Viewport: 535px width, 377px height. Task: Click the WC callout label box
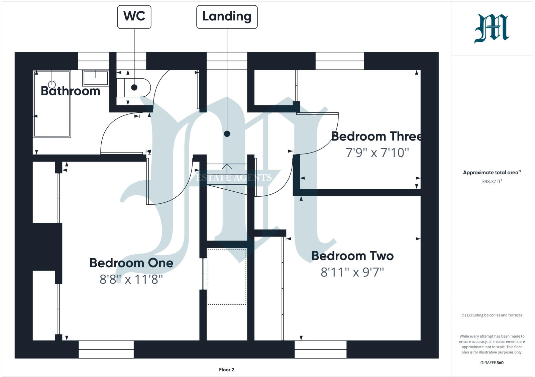[134, 16]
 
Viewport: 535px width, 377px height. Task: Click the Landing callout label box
[227, 17]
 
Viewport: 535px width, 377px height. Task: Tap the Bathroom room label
[70, 91]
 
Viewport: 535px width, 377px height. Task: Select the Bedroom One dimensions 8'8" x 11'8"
[131, 279]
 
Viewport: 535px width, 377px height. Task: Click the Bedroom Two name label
[352, 256]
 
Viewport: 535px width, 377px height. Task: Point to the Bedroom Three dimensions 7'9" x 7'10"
[377, 153]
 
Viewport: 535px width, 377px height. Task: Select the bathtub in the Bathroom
[52, 104]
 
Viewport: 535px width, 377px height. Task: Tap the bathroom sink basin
[96, 78]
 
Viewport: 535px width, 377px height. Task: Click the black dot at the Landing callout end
[227, 134]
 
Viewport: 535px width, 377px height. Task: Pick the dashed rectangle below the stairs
[227, 276]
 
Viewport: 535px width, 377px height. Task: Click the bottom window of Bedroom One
[106, 349]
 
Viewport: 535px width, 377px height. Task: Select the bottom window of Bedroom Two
[320, 349]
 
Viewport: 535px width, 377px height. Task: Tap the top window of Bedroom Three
[339, 61]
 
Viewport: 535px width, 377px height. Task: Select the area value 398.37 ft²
[492, 182]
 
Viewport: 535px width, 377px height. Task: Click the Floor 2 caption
[227, 370]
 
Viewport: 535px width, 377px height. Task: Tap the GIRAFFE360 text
[492, 363]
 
